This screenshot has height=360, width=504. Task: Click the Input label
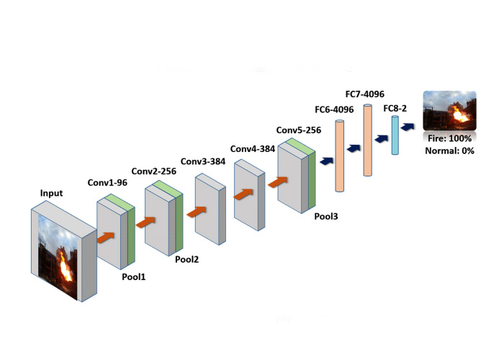pos(51,193)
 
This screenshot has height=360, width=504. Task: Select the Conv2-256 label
pos(155,171)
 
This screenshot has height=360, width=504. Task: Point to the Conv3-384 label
pos(204,161)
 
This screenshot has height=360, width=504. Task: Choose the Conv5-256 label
pos(299,131)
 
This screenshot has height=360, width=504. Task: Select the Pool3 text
pos(328,215)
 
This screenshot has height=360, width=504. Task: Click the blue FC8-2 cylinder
pos(395,135)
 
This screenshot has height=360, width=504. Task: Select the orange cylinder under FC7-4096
pos(368,140)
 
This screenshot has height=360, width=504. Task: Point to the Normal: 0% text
pos(448,150)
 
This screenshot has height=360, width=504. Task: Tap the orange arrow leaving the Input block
pos(107,236)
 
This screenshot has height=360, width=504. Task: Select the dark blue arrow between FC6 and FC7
pos(354,148)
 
